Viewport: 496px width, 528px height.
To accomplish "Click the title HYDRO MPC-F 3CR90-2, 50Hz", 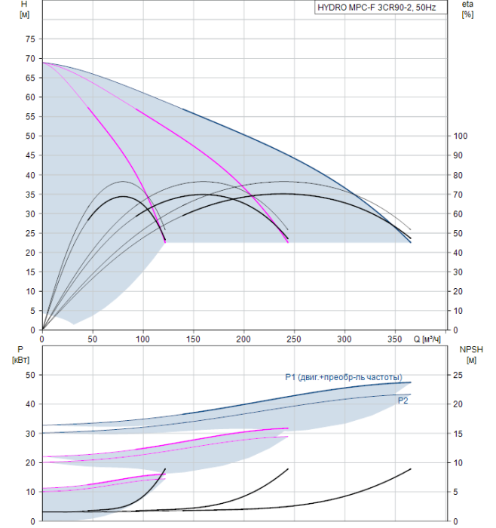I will [x=381, y=8].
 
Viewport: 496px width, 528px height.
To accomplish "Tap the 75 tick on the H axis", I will [x=30, y=39].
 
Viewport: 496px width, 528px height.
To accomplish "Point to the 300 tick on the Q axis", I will [x=345, y=339].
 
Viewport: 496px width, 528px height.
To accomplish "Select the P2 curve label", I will [x=403, y=401].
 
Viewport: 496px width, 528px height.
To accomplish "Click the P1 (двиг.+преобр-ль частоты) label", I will [x=343, y=377].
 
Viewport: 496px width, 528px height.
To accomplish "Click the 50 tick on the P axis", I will [x=30, y=374].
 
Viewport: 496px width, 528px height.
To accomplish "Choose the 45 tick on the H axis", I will [x=30, y=155].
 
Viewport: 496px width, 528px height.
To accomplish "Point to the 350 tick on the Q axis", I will [x=396, y=339].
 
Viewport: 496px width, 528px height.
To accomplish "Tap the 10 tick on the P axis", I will [x=30, y=492].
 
